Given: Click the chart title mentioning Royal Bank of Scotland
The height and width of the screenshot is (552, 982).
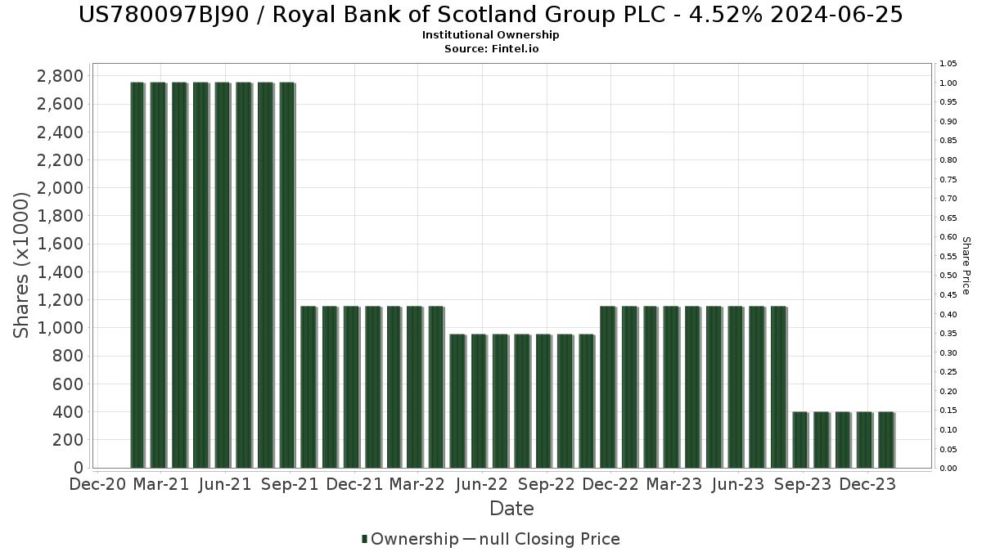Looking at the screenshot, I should (491, 15).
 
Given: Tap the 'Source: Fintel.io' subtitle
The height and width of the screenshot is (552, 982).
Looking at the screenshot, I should (491, 48).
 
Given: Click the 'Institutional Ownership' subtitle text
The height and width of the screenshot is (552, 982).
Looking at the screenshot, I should (491, 35).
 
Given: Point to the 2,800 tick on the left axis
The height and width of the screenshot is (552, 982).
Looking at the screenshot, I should (61, 76).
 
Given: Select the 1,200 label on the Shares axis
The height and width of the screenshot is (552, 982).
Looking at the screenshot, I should (61, 300).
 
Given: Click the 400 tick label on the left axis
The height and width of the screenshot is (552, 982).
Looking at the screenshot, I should (70, 412).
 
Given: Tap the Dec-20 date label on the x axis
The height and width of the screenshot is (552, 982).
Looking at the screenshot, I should (97, 484).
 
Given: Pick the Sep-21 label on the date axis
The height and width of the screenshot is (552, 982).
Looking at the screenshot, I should (290, 484).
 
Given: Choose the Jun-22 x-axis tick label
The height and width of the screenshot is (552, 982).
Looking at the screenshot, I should (482, 484).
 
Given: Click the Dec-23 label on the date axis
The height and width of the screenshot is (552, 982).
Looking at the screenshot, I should (867, 484).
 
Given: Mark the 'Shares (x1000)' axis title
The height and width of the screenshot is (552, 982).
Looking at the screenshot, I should (22, 266).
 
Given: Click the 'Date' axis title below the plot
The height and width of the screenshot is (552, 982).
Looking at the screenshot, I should (511, 509).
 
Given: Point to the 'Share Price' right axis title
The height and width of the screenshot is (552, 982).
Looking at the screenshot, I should (966, 266).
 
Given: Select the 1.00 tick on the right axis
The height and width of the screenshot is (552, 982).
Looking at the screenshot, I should (948, 83).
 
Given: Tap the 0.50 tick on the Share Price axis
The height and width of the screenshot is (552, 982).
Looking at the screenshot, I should (948, 276).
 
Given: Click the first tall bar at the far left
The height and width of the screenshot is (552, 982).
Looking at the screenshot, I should (137, 274).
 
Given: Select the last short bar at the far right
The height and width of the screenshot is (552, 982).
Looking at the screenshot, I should (885, 439).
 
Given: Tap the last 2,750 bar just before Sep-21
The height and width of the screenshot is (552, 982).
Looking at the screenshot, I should (286, 274).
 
